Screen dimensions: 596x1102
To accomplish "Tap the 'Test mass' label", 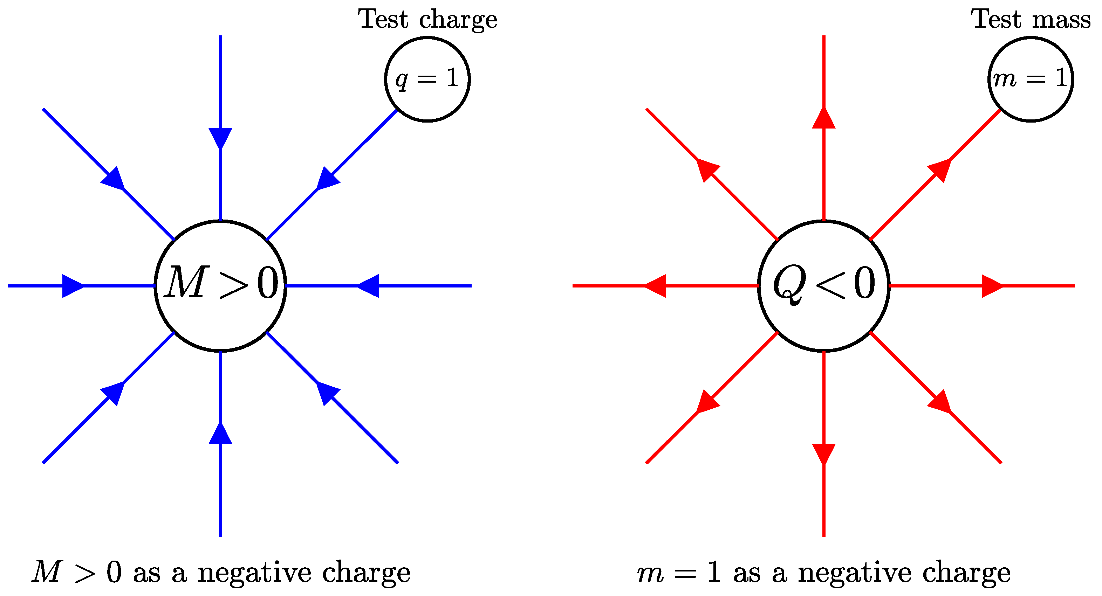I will coord(1030,20).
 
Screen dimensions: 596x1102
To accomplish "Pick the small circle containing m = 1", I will coord(1030,79).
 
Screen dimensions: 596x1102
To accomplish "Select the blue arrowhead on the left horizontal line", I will coord(73,286).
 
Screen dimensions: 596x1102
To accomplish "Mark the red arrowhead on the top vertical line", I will coord(823,118).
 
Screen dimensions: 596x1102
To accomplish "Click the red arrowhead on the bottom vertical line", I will coord(823,453).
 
